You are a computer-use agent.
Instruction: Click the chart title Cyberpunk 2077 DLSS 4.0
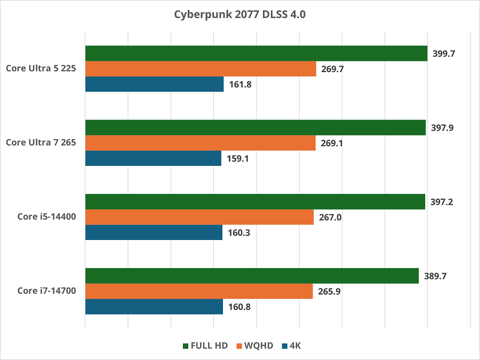[x=240, y=14]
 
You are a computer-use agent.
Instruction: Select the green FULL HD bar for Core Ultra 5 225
[x=256, y=53]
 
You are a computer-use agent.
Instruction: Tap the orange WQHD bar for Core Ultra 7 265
[x=200, y=143]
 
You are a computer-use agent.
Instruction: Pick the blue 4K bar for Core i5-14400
[x=154, y=232]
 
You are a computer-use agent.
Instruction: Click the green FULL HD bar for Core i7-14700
[x=252, y=276]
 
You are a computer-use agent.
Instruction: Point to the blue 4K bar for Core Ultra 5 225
[x=154, y=84]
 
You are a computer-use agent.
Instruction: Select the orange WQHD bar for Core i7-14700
[x=199, y=291]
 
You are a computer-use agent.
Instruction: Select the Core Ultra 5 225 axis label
[x=41, y=68]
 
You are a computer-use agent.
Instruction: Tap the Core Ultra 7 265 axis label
[x=41, y=142]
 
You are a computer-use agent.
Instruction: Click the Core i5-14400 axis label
[x=47, y=217]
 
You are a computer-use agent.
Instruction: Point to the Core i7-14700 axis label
[x=47, y=291]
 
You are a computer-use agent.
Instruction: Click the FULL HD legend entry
[x=205, y=346]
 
